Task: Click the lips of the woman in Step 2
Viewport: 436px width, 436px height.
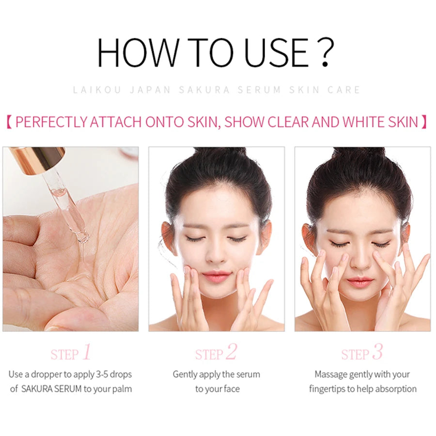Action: tap(216, 276)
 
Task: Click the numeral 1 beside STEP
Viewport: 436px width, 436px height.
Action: tap(87, 353)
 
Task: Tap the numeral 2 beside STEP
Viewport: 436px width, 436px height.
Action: tap(231, 353)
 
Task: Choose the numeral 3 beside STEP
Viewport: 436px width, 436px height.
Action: tap(377, 353)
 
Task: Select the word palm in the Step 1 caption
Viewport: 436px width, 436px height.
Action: tap(121, 389)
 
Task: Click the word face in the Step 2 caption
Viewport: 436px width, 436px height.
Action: tap(230, 389)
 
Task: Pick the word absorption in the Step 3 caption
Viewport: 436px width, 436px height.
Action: tap(394, 389)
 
